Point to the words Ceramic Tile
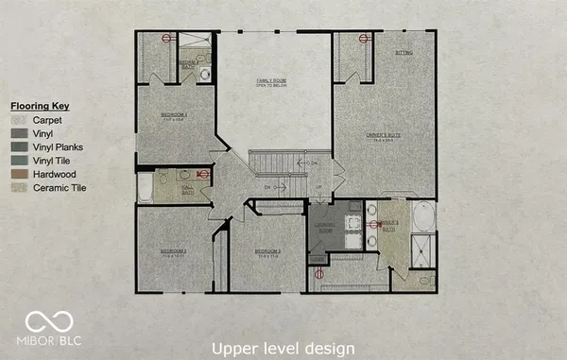pos(60,189)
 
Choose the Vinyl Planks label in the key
pos(59,147)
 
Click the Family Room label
pos(271,82)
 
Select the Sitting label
pos(404,54)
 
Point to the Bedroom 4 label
pos(174,116)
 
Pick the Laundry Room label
pos(325,228)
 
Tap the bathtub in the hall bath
pos(145,187)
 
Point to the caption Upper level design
pos(283,347)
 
